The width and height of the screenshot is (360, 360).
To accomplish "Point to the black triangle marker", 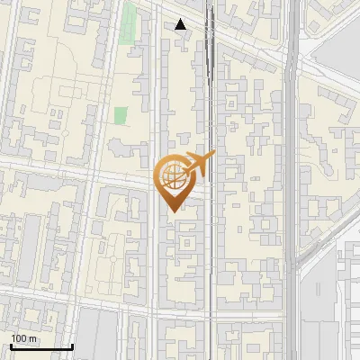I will pyautogui.click(x=181, y=24).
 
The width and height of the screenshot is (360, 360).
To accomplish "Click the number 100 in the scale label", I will pyautogui.click(x=19, y=337).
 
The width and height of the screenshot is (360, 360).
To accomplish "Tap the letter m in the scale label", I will pyautogui.click(x=32, y=337).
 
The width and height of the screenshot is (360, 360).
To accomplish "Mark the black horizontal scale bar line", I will pyautogui.click(x=41, y=346).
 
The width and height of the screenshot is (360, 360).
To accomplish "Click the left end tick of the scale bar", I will pyautogui.click(x=11, y=345).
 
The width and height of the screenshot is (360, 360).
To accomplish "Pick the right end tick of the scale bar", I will pyautogui.click(x=72, y=345).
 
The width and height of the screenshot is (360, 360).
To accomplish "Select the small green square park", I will pyautogui.click(x=121, y=116).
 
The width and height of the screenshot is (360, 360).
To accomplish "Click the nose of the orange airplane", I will pyautogui.click(x=213, y=155).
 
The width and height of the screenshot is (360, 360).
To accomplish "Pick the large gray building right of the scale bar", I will pyautogui.click(x=99, y=337).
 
